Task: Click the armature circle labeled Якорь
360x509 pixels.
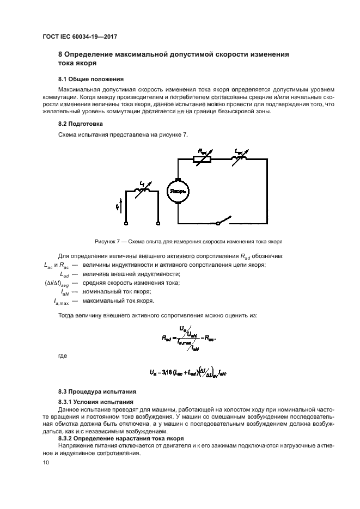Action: pos(179,191)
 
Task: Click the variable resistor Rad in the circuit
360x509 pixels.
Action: pos(201,159)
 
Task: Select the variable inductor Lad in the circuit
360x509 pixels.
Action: pos(238,158)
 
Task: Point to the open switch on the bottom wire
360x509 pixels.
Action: pos(221,222)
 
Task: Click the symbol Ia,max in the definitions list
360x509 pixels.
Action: pos(57,301)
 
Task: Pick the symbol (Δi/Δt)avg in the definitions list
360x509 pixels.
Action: pos(57,283)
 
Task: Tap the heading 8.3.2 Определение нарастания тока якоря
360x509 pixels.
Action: pos(121,438)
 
